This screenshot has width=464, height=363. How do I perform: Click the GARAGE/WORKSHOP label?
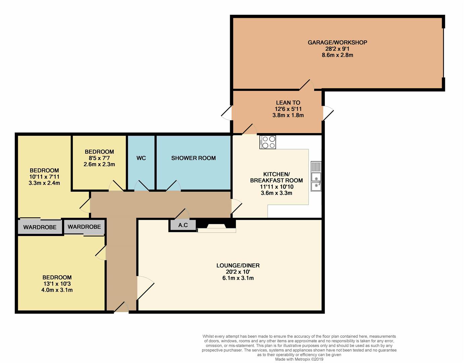pyautogui.click(x=337, y=42)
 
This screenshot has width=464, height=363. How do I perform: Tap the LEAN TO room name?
pyautogui.click(x=288, y=103)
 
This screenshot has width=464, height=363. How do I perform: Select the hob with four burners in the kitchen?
pyautogui.click(x=267, y=142)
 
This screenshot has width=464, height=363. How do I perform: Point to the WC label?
pyautogui.click(x=141, y=158)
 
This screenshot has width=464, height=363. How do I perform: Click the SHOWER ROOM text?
pyautogui.click(x=194, y=158)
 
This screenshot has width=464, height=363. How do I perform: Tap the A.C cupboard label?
pyautogui.click(x=183, y=225)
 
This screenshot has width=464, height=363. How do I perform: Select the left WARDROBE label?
pyautogui.click(x=40, y=227)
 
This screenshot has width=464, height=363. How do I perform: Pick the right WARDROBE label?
pyautogui.click(x=84, y=227)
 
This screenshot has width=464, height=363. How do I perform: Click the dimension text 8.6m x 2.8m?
pyautogui.click(x=337, y=55)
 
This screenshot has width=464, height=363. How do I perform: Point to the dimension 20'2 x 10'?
pyautogui.click(x=238, y=272)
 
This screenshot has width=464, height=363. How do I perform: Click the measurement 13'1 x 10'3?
pyautogui.click(x=57, y=284)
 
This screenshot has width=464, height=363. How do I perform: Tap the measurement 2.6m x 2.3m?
pyautogui.click(x=99, y=164)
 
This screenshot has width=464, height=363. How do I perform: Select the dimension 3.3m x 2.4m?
pyautogui.click(x=44, y=183)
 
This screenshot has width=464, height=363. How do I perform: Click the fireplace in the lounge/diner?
pyautogui.click(x=216, y=226)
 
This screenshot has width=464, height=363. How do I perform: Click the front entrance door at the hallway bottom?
pyautogui.click(x=121, y=308)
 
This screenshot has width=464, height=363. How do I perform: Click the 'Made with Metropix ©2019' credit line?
pyautogui.click(x=299, y=359)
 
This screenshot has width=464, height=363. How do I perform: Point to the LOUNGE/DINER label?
pyautogui.click(x=238, y=266)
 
